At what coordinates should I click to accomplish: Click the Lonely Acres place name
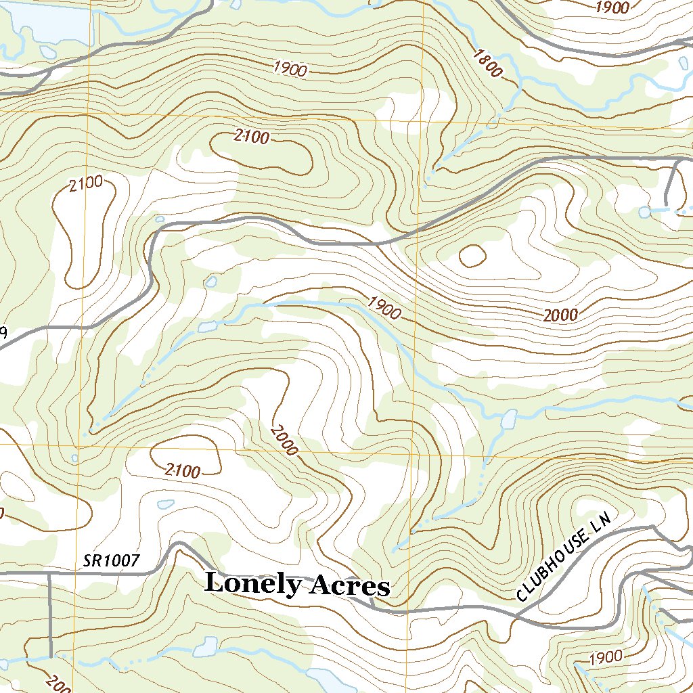[x=297, y=584]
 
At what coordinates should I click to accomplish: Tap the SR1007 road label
[x=112, y=560]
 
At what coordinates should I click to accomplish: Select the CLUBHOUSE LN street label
[x=564, y=556]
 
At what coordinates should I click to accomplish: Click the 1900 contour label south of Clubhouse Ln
[x=606, y=657]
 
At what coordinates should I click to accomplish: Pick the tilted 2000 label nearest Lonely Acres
[x=284, y=440]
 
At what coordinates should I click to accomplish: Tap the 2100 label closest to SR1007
[x=182, y=471]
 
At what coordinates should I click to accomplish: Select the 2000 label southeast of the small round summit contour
[x=560, y=315]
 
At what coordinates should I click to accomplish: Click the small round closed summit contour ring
[x=472, y=255]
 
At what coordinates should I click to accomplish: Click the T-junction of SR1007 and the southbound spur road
[x=50, y=573]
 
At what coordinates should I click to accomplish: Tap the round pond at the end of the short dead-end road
[x=644, y=213]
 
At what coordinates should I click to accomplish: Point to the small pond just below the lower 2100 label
[x=165, y=504]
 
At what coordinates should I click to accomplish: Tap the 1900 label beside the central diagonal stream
[x=384, y=309]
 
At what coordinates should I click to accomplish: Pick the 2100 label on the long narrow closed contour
[x=86, y=182]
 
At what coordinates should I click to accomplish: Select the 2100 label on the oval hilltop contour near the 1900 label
[x=251, y=137]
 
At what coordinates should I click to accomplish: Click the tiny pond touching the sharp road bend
[x=160, y=219]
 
